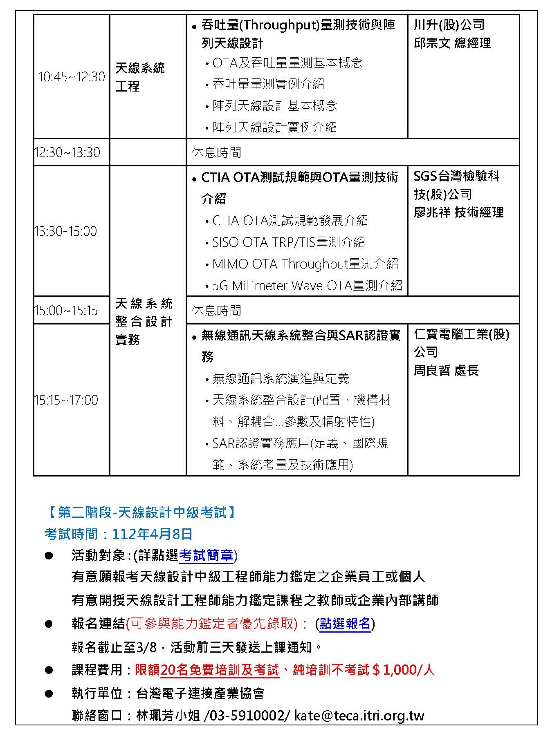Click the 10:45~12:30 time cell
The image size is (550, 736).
coord(72,77)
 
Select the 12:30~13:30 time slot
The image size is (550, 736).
coord(67,152)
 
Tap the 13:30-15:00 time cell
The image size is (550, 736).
coord(66,231)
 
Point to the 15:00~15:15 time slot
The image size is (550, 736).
coord(66,311)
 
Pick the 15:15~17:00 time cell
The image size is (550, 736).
coord(66,400)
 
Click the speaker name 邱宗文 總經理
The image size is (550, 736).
coord(452,43)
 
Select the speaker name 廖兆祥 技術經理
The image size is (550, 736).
coord(458,213)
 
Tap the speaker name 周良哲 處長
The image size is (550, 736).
coord(446,371)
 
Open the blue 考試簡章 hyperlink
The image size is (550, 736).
coord(206,556)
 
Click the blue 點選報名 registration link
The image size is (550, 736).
coord(345,624)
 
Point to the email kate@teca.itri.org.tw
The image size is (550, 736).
coord(359,716)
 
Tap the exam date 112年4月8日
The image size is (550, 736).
coord(152,534)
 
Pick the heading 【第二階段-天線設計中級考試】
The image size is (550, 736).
coord(141,512)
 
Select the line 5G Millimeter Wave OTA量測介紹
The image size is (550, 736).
coord(307,286)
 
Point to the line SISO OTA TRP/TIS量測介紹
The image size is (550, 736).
coord(289,242)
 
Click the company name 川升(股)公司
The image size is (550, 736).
coord(449,25)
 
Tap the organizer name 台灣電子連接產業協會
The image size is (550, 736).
coord(200,693)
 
